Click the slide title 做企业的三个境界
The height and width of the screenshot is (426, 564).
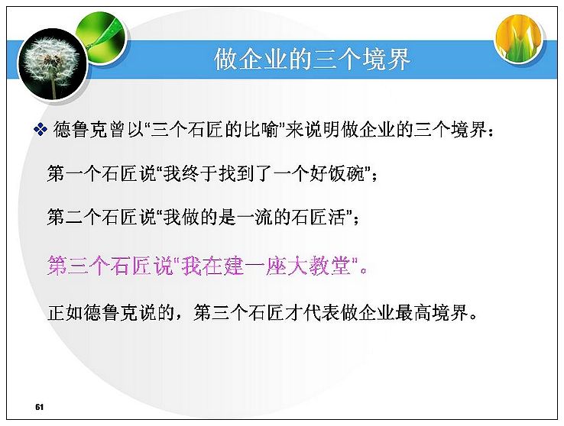[312, 60]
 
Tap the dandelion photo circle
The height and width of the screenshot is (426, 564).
[53, 65]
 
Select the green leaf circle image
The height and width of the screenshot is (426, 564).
[102, 36]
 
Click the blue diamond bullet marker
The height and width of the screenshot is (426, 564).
[41, 129]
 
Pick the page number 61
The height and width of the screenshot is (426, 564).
[39, 407]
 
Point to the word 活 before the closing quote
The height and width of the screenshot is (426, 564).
[337, 217]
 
